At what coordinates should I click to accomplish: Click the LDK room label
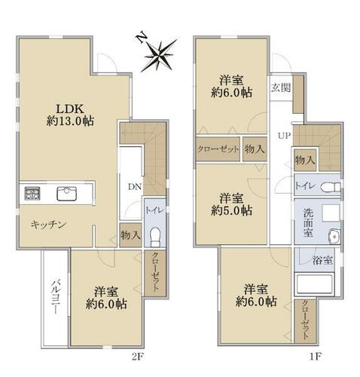[x=69, y=109]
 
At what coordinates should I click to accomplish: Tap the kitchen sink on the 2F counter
[x=66, y=193]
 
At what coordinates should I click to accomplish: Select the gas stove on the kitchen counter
[x=32, y=193]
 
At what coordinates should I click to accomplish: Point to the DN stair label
[x=135, y=187]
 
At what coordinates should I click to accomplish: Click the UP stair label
[x=284, y=136]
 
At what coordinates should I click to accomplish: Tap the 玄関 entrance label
[x=281, y=88]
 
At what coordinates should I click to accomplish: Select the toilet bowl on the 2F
[x=155, y=237]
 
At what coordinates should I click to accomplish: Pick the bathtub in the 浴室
[x=315, y=285]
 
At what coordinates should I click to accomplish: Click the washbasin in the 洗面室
[x=334, y=236]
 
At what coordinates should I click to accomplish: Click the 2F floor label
[x=138, y=357]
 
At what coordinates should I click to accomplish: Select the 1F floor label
[x=315, y=357]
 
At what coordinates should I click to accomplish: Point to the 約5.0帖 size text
[x=231, y=210]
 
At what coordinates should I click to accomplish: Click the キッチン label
[x=48, y=225]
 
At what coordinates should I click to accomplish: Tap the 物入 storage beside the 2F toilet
[x=130, y=235]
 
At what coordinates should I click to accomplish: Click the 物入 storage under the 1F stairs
[x=305, y=160]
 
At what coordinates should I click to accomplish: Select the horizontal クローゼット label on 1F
[x=218, y=149]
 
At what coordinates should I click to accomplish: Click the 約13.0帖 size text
[x=70, y=121]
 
